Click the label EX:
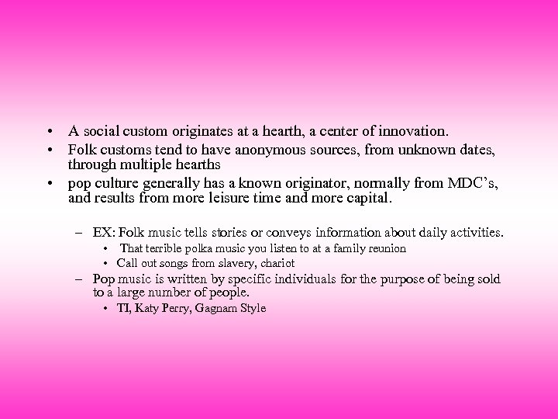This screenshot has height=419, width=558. (102, 232)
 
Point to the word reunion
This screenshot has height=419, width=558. (386, 248)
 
